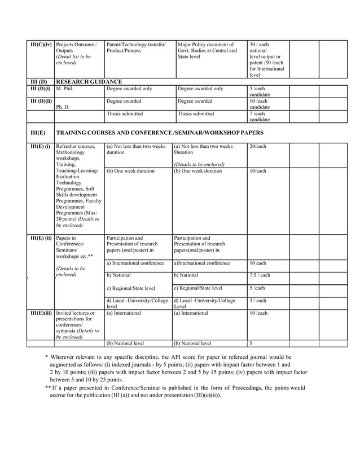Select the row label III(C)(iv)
(41, 45)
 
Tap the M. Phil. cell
(66, 89)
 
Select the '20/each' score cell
(257, 146)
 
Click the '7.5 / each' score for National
(260, 275)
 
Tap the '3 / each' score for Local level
(257, 301)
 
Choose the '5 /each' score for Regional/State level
(257, 288)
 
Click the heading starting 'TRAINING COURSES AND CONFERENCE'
(160, 133)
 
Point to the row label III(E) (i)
(41, 146)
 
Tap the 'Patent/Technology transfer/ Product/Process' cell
(136, 47)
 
